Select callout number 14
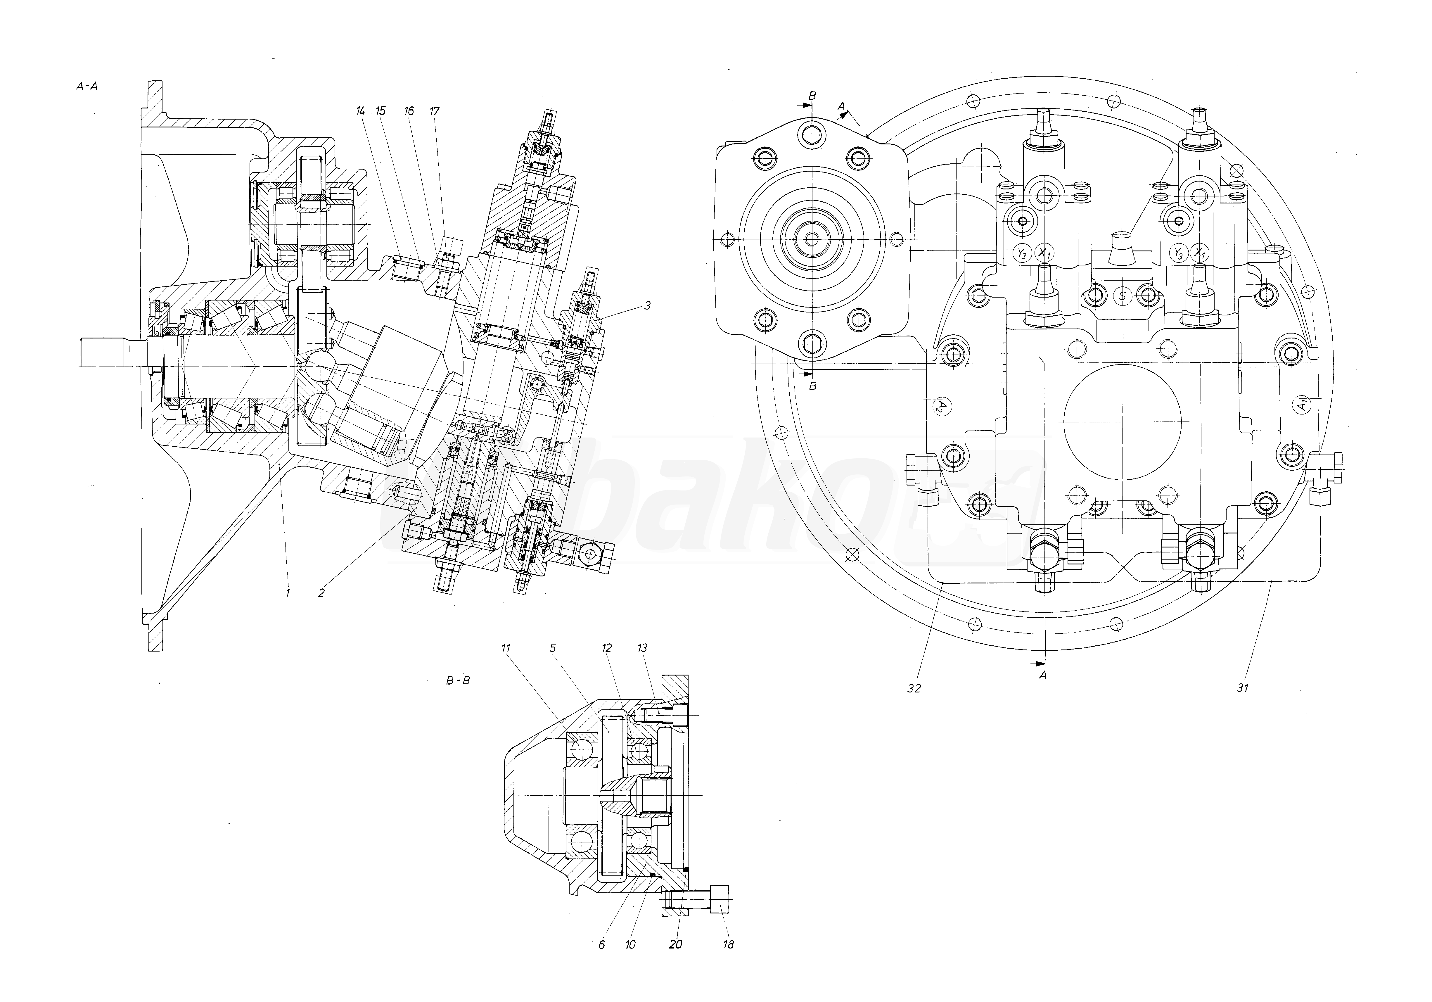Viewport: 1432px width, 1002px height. click(361, 111)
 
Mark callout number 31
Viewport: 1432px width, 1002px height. click(1242, 688)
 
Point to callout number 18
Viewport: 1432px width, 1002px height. click(728, 945)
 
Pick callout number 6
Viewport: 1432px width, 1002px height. click(602, 945)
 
